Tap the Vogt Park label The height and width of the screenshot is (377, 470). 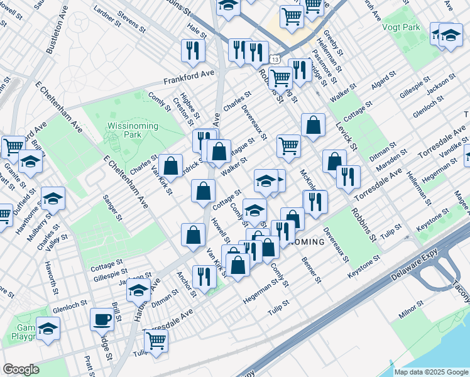tap(400, 27)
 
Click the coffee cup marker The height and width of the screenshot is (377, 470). tap(102, 320)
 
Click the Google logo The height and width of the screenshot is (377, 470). tap(21, 369)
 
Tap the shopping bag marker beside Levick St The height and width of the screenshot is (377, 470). tap(312, 124)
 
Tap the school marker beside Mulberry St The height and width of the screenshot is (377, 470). tap(53, 199)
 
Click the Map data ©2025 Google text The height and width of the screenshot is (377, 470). tap(431, 372)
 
